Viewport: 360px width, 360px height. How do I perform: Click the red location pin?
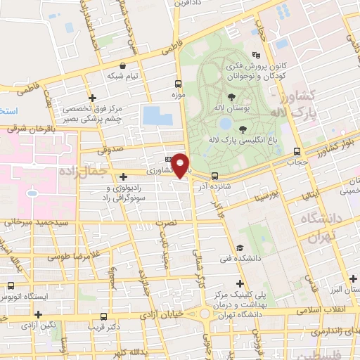point(181,166)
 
